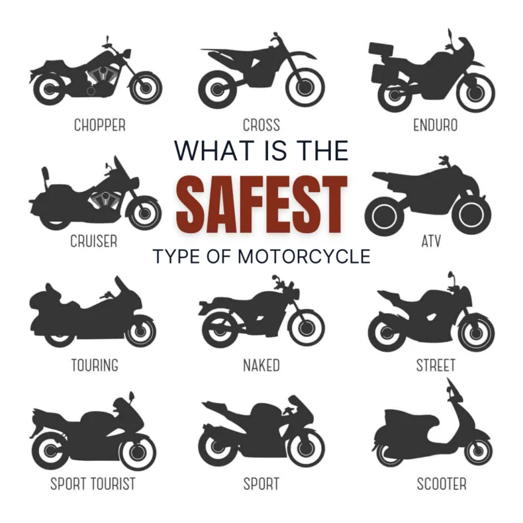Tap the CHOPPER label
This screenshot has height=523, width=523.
99,124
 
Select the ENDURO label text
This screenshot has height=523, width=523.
435,124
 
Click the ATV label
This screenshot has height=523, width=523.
431,242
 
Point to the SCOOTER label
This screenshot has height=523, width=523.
441,484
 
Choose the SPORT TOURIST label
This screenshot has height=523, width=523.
93,484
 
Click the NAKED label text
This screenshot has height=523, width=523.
261,365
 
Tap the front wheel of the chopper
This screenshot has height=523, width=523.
146,87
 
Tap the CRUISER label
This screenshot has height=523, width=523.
93,242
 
